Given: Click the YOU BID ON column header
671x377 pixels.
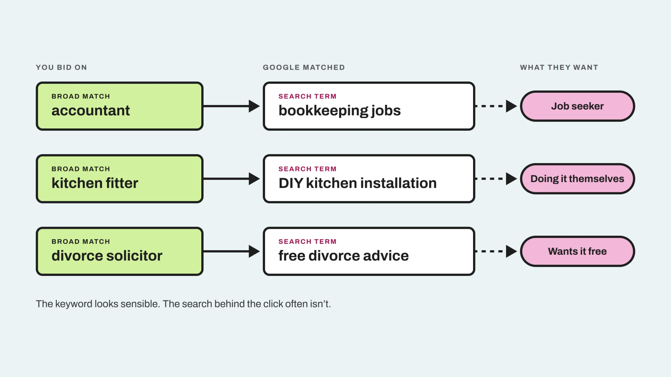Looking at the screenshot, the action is [x=61, y=67].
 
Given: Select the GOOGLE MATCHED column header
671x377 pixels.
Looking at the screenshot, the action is [x=304, y=67].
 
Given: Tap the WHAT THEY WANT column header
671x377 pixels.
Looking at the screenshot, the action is [x=559, y=67].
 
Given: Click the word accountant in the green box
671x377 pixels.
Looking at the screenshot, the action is [x=91, y=110].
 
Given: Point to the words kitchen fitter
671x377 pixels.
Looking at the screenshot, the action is [x=95, y=183].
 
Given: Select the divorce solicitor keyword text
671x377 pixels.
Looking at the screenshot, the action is [x=107, y=256].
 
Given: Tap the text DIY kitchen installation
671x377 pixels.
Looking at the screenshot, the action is [x=358, y=183].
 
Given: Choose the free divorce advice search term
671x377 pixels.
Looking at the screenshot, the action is [x=344, y=256].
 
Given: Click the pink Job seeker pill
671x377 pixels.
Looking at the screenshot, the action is [x=577, y=106].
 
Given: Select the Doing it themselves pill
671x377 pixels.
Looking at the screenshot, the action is [x=577, y=179].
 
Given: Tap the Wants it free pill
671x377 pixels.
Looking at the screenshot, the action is [x=577, y=251].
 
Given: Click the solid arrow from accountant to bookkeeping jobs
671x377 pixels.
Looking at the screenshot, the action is [x=232, y=106].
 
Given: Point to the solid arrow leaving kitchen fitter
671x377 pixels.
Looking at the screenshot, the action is [x=232, y=179].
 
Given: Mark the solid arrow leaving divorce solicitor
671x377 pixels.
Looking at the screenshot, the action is [x=232, y=251].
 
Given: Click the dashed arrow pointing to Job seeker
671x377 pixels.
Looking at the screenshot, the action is [x=496, y=106].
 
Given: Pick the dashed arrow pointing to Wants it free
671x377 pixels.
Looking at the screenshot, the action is [x=496, y=251].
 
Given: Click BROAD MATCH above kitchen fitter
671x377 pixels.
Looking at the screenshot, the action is [x=81, y=169].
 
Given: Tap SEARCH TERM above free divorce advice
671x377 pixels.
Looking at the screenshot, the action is [x=307, y=241].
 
